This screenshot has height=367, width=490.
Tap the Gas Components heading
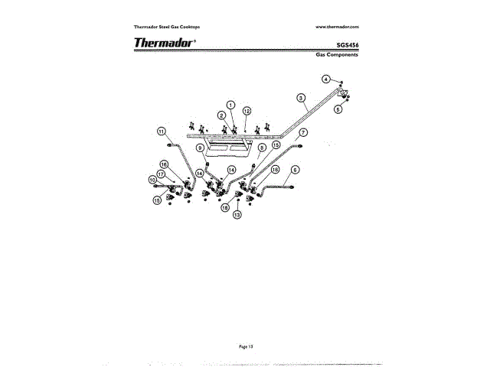(338, 55)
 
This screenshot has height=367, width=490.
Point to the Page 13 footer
(246, 346)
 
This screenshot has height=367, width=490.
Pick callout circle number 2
(221, 115)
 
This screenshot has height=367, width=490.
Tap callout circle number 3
(301, 99)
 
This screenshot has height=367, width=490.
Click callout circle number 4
(325, 79)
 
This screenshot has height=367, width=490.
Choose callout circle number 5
(338, 109)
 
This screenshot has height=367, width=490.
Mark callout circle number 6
(296, 169)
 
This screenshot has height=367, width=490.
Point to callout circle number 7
(303, 132)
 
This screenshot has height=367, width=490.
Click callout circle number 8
(261, 147)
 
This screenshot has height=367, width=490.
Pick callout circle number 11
(162, 131)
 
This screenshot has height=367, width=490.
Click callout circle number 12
(247, 111)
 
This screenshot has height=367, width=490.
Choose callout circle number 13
(237, 216)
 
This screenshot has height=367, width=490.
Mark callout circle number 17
(161, 174)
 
